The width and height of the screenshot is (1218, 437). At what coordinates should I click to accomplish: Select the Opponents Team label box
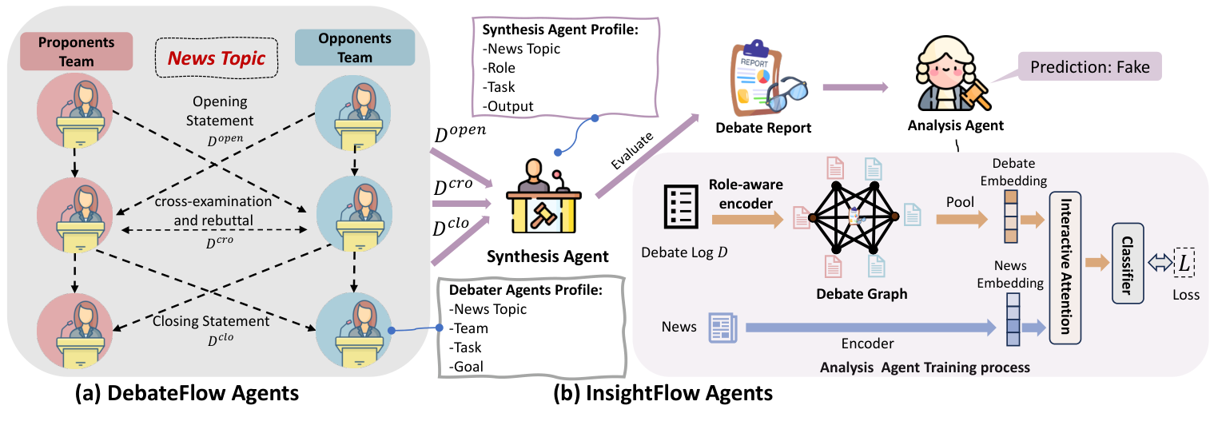355,48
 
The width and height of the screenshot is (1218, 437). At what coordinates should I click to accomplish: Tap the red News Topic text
219,58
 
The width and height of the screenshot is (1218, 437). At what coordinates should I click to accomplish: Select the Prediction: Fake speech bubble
1089,67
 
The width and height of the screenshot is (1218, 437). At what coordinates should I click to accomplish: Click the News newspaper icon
722,328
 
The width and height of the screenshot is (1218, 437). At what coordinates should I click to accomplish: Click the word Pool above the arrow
960,202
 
